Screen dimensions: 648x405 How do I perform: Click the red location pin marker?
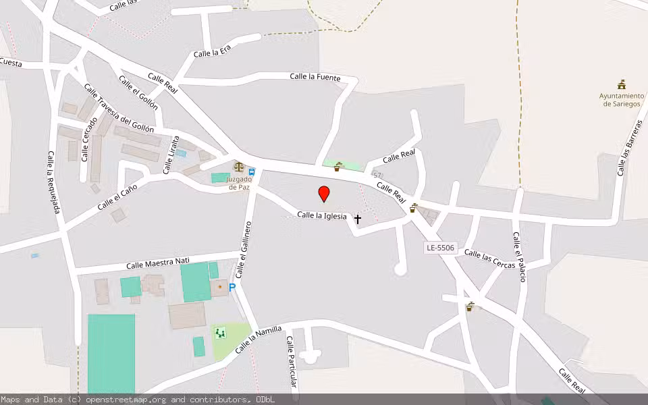tap(324, 194)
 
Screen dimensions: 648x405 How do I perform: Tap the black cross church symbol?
tap(358, 219)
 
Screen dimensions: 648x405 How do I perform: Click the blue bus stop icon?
tap(252, 171)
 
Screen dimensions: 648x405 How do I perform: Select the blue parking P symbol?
tap(232, 288)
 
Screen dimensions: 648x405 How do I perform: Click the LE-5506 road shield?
tap(441, 248)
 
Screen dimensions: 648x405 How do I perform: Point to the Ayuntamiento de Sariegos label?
tap(622, 100)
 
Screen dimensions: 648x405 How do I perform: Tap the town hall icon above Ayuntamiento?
tap(622, 84)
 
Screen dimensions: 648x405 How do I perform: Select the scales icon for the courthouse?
tap(238, 166)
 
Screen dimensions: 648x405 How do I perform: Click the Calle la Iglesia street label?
tap(322, 216)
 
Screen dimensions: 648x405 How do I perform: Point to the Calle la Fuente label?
tap(315, 77)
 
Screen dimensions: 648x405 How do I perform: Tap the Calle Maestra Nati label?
tap(158, 263)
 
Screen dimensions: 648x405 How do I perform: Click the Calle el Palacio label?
tap(518, 257)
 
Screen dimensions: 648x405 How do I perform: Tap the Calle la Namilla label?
tap(258, 341)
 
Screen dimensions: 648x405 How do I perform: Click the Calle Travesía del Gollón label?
tap(119, 107)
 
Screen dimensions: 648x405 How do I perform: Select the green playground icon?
tap(219, 332)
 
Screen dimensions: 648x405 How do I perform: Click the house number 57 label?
tap(377, 175)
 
